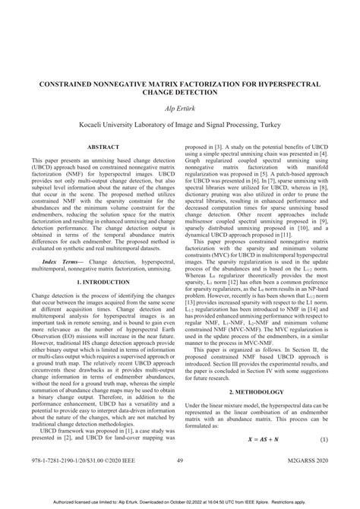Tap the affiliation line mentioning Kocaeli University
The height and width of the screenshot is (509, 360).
pos(180,123)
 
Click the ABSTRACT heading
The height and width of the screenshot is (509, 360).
pos(102,147)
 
